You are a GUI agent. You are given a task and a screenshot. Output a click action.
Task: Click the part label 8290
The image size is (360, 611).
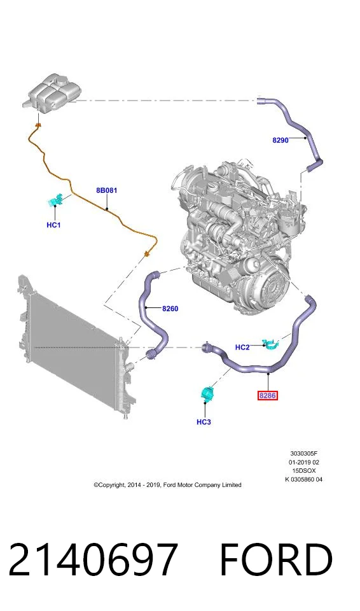click(280, 140)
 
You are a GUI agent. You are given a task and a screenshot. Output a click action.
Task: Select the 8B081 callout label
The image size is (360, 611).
click(106, 190)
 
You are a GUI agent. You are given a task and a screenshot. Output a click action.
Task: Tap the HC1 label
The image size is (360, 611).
click(53, 225)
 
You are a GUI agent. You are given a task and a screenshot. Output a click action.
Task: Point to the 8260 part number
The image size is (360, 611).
click(170, 309)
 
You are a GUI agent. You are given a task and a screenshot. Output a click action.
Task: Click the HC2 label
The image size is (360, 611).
click(242, 348)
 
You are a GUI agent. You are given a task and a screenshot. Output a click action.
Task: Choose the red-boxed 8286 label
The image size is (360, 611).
click(268, 396)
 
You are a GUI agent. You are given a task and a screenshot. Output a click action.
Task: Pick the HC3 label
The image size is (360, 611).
click(204, 422)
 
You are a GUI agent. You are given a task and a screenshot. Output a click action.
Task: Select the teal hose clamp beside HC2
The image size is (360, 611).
click(272, 344)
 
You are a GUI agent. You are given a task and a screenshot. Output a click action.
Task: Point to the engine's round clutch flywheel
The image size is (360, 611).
click(268, 284)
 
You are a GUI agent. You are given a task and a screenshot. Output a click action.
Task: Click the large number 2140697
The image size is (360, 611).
click(93, 559)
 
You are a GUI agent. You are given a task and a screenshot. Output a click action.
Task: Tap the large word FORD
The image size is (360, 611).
click(276, 559)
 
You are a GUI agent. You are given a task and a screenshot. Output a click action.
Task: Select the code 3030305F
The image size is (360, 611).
click(304, 454)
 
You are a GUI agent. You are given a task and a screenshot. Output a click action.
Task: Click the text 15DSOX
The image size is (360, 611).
click(304, 471)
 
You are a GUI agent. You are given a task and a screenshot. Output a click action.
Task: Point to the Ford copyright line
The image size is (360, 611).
click(167, 485)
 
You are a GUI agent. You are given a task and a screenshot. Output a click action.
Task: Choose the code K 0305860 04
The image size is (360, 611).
click(304, 479)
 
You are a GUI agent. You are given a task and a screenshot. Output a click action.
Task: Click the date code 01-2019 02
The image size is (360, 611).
click(304, 462)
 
